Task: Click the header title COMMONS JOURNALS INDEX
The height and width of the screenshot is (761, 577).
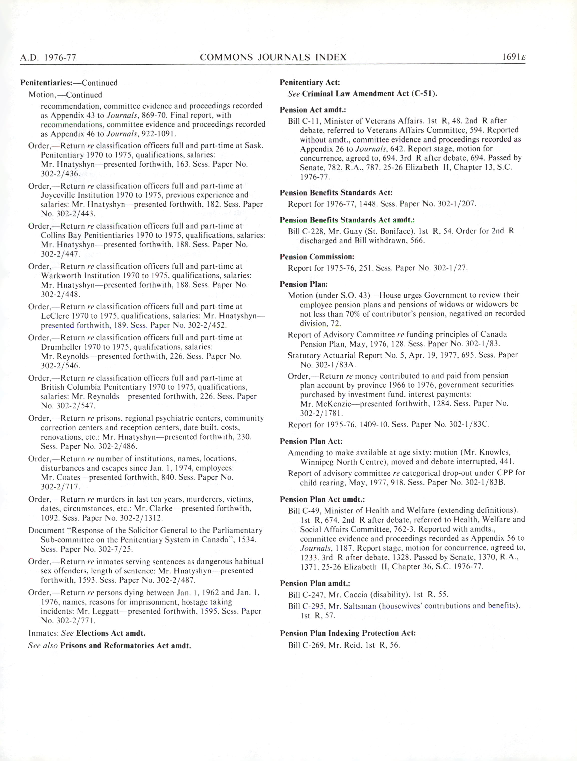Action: click(273, 57)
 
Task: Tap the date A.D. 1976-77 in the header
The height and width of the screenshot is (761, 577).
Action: click(48, 57)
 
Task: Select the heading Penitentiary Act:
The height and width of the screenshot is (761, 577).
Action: click(310, 83)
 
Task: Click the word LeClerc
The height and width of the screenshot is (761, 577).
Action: click(53, 316)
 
